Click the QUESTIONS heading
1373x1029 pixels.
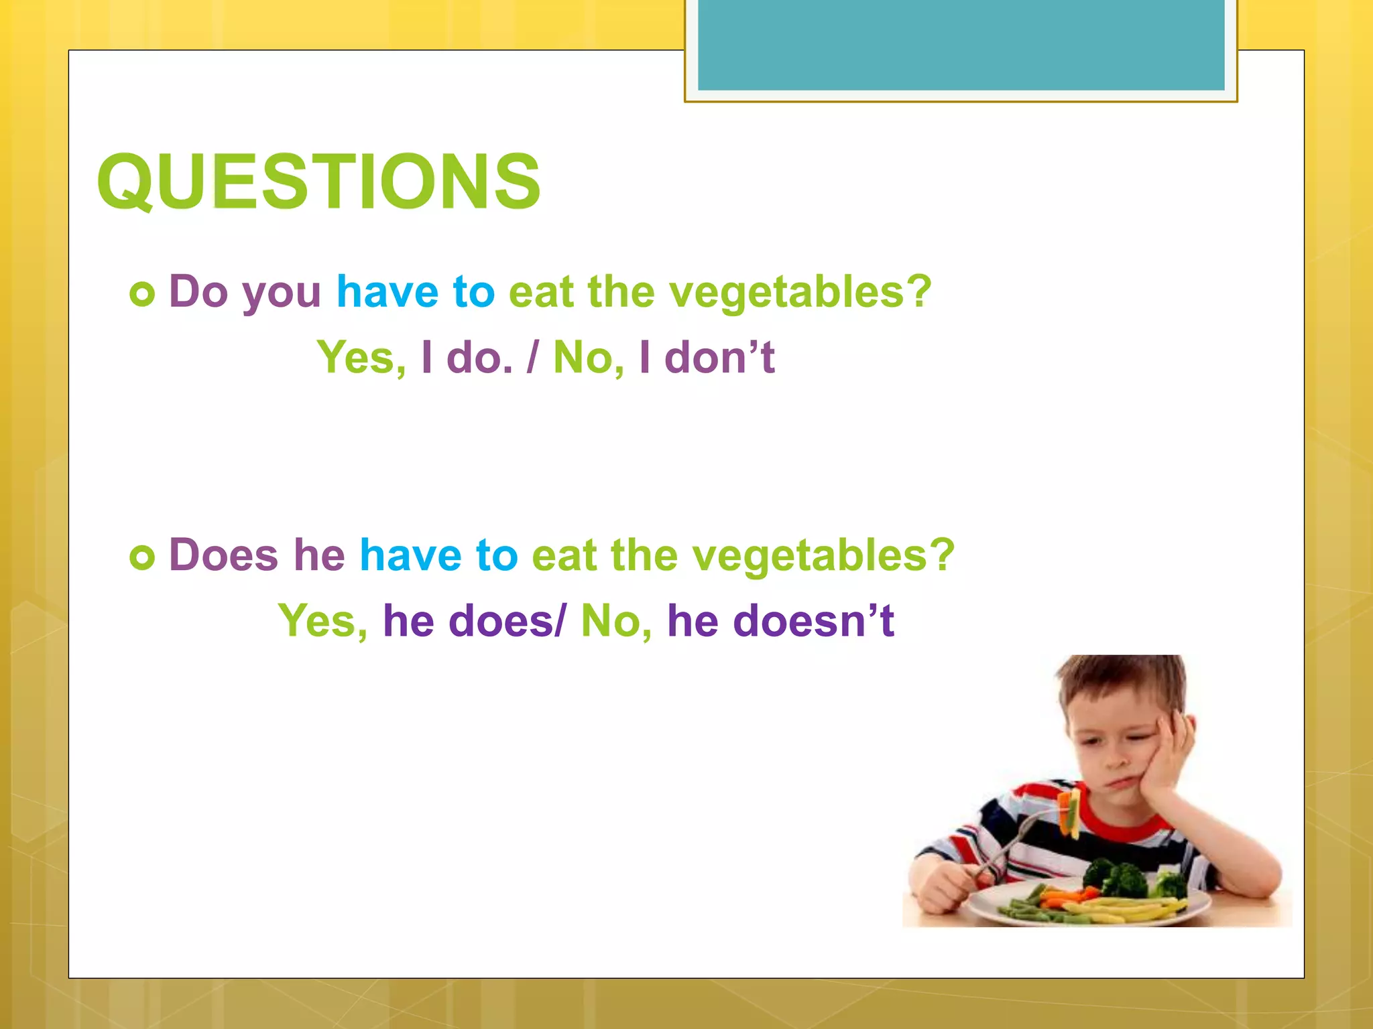[x=318, y=182]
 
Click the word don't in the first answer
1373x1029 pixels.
[x=719, y=357]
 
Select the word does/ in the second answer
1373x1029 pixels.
[x=508, y=620]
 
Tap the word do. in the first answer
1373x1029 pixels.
[x=479, y=357]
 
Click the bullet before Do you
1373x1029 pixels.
[x=142, y=293]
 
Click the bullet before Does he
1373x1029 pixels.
[x=142, y=557]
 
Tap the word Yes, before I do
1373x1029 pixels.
[x=361, y=357]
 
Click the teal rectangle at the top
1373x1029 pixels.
[x=961, y=44]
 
